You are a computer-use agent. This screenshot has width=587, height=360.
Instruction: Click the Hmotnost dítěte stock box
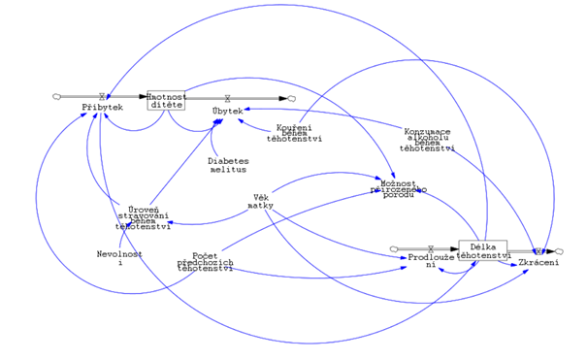[x=165, y=98]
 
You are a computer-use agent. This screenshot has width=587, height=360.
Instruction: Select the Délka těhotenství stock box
[x=482, y=249]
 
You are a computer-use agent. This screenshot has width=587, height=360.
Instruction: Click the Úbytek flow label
[x=227, y=112]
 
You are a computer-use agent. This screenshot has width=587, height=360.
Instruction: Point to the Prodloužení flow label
[x=430, y=262]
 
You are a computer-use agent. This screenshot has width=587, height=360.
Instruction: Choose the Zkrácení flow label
[x=538, y=263]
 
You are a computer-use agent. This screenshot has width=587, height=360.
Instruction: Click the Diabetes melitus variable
[x=228, y=165]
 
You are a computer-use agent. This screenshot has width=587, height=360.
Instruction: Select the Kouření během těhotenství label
[x=293, y=132]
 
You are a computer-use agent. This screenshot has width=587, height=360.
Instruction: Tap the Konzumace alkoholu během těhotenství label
[x=429, y=140]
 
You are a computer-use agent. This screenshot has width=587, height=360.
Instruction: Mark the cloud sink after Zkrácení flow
[x=559, y=250]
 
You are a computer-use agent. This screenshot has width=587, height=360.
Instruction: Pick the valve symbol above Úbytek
[x=227, y=98]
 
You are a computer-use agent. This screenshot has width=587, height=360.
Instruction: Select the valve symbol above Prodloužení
[x=430, y=249]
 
